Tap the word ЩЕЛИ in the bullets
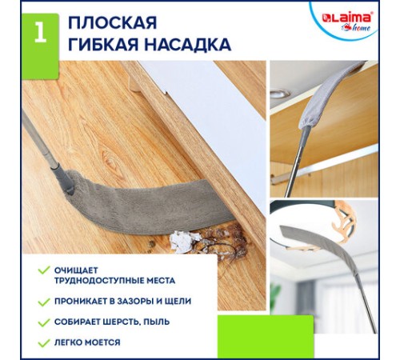pyautogui.click(x=177, y=302)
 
